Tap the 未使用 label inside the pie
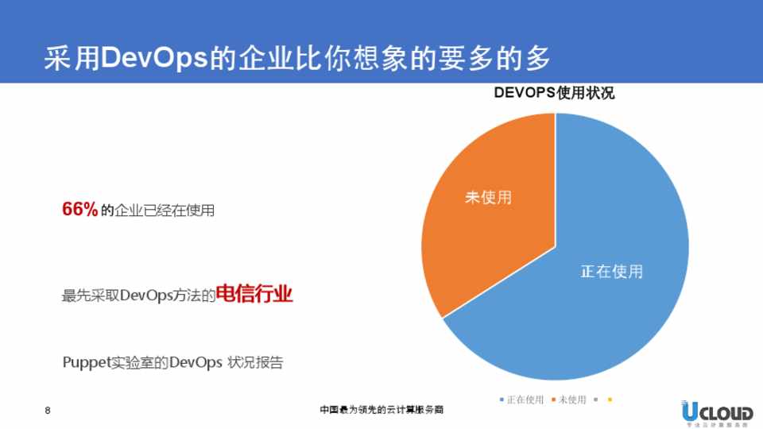(x=488, y=197)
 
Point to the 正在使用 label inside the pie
(x=611, y=272)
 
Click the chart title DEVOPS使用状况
(x=554, y=93)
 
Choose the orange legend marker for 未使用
(x=553, y=400)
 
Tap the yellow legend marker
(x=610, y=400)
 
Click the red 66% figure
(x=79, y=210)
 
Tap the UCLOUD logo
(x=716, y=412)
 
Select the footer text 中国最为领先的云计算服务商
(x=381, y=411)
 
